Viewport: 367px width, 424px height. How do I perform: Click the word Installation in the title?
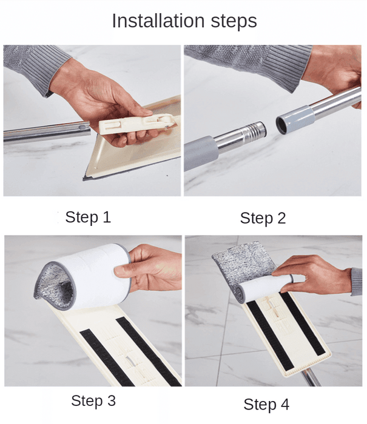pyautogui.click(x=158, y=21)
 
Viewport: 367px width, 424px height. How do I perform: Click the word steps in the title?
pyautogui.click(x=234, y=22)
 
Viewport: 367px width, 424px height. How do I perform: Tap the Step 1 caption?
pyautogui.click(x=89, y=217)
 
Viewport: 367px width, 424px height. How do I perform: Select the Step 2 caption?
pyautogui.click(x=263, y=218)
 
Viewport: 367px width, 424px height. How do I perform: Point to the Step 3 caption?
pyautogui.click(x=93, y=401)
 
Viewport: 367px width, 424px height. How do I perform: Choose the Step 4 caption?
pyautogui.click(x=266, y=405)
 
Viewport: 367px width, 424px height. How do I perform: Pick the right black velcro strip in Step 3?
pyautogui.click(x=147, y=351)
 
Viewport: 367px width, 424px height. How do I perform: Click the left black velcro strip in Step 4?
pyautogui.click(x=270, y=336)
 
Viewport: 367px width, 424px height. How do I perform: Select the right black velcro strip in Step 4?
pyautogui.click(x=303, y=324)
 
